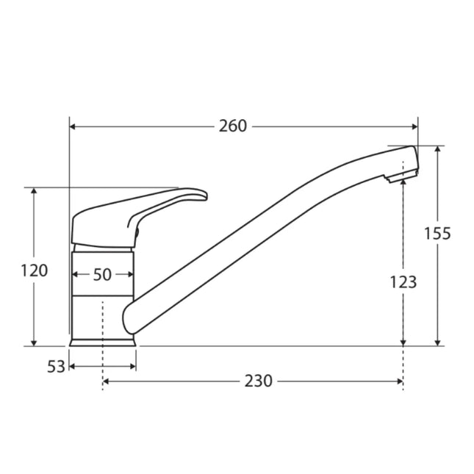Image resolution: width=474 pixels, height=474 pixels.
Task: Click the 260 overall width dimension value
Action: point(233,126)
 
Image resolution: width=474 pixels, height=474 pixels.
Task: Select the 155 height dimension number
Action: point(437,234)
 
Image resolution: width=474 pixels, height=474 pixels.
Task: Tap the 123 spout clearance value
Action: point(403,281)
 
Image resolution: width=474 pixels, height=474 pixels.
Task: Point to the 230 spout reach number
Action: point(258,381)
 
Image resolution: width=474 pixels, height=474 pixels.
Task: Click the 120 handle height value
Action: point(34,270)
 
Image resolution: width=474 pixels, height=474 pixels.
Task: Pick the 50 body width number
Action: point(103,275)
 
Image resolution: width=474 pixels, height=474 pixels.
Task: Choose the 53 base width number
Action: point(57,366)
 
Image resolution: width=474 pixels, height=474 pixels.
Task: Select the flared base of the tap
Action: point(103,341)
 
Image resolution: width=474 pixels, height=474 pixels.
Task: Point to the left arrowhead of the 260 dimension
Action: point(73,126)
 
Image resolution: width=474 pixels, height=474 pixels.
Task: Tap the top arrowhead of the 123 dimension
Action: point(403,184)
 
